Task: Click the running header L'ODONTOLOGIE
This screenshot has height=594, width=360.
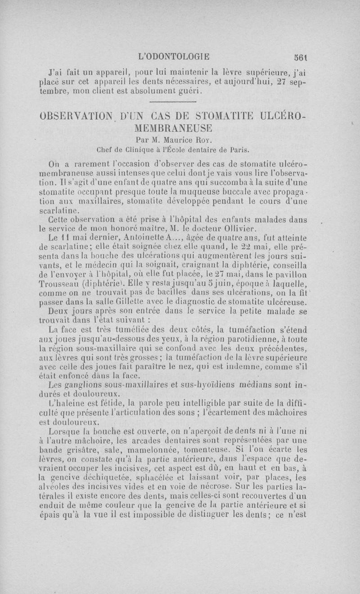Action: coord(175,57)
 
